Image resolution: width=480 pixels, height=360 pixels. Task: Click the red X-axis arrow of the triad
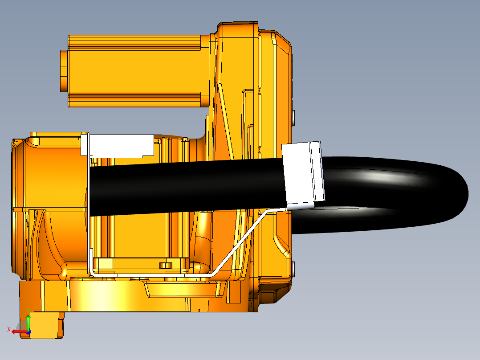coord(18,332)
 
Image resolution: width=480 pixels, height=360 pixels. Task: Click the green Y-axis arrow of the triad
coord(28,322)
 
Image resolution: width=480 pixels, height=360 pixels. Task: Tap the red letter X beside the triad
coord(9,329)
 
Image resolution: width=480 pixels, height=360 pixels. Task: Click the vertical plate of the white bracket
coord(88,200)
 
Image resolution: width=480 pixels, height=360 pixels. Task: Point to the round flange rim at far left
coord(15,205)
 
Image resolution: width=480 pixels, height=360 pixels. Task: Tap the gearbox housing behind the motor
coord(254,80)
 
